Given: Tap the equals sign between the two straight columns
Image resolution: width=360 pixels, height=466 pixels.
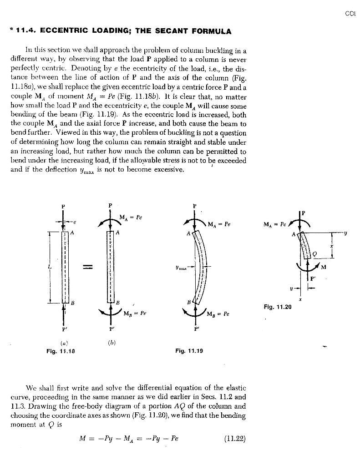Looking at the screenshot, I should point(88,267).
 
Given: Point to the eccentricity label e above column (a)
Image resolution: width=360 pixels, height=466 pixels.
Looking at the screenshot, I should point(75,222).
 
